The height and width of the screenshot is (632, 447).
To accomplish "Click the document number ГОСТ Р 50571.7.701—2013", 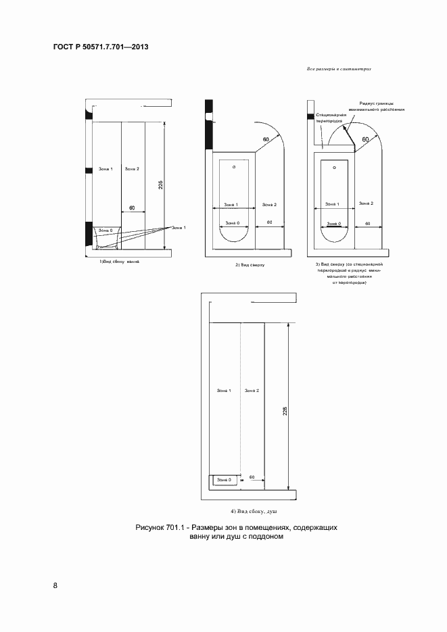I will pyautogui.click(x=100, y=47).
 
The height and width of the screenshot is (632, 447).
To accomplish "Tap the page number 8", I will pyautogui.click(x=55, y=585).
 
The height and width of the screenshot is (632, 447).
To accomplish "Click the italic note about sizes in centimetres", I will pyautogui.click(x=339, y=70).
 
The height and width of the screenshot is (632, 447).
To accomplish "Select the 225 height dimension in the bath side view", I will pyautogui.click(x=160, y=185).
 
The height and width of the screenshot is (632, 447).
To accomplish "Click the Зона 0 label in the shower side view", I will pyautogui.click(x=225, y=480).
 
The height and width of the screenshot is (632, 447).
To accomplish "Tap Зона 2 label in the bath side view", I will pyautogui.click(x=132, y=168).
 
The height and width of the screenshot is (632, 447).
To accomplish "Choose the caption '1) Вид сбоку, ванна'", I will pyautogui.click(x=120, y=261).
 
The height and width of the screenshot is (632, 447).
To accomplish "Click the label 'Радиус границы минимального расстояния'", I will pyautogui.click(x=377, y=106).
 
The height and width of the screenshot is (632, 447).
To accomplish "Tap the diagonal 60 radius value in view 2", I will pyautogui.click(x=266, y=139).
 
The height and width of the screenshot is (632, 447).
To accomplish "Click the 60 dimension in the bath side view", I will pyautogui.click(x=132, y=208).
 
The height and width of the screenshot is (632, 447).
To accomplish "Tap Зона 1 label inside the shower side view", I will pyautogui.click(x=224, y=391).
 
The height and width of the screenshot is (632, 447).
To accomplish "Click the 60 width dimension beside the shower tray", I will pyautogui.click(x=252, y=477).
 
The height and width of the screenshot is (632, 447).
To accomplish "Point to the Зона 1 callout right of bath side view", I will pyautogui.click(x=179, y=228).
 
